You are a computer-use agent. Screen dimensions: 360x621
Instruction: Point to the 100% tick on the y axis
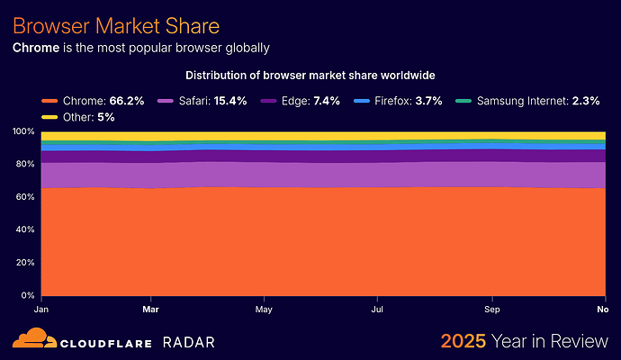pyautogui.click(x=25, y=132)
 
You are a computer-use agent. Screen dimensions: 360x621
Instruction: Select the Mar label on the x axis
pyautogui.click(x=151, y=308)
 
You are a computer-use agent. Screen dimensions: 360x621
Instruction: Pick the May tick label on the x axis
pyautogui.click(x=264, y=308)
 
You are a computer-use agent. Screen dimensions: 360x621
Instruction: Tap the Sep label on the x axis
pyautogui.click(x=492, y=308)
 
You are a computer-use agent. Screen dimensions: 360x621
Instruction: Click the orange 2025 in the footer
pyautogui.click(x=463, y=341)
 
